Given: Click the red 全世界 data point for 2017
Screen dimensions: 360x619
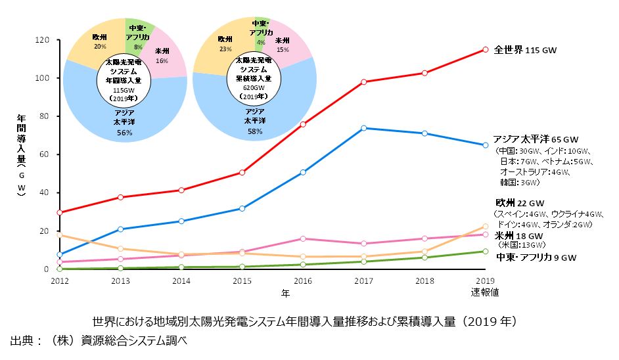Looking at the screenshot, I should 363,81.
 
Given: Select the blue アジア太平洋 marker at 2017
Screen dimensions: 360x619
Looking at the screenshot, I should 363,128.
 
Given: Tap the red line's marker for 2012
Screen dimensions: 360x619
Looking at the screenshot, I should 60,212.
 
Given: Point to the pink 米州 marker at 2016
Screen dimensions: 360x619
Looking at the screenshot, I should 303,238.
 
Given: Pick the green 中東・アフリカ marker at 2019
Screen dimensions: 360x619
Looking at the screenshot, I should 485,251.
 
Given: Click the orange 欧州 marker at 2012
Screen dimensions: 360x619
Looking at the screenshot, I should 60,235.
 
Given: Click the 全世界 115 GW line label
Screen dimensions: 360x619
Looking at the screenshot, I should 525,50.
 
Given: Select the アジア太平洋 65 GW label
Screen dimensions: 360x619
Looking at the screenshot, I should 535,139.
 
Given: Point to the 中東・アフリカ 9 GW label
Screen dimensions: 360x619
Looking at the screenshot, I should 535,258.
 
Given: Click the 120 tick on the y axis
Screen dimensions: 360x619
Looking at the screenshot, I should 43,40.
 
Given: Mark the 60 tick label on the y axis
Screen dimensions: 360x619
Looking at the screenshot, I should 45,154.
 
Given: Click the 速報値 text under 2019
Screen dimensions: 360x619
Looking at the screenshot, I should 485,291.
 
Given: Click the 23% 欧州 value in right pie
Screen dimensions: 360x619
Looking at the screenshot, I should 225,48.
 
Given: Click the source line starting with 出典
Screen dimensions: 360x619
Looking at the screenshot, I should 99,342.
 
